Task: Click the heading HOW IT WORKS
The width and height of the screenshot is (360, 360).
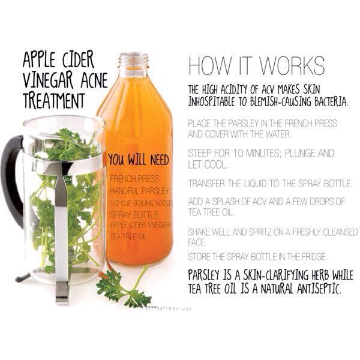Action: coord(256,65)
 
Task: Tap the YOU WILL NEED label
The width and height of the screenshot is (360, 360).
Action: coord(139,160)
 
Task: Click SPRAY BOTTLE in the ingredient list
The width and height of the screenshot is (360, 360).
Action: coord(132,214)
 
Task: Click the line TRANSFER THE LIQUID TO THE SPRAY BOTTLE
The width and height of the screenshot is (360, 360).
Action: coord(270,182)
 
